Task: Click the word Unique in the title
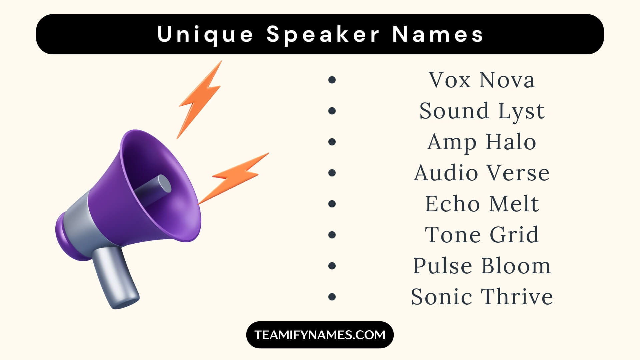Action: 205,35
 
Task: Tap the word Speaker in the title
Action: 323,35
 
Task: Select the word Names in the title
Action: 438,34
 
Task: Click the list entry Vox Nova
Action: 482,80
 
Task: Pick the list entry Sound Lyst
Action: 482,111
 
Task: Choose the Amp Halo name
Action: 482,142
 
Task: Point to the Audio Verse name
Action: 482,173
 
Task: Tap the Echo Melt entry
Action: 482,204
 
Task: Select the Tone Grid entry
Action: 482,235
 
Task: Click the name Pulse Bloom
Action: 482,266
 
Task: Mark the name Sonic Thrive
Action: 482,297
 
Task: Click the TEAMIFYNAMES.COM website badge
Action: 320,335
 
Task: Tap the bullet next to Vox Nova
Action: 332,80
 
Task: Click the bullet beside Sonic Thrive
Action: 332,297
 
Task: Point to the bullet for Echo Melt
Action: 332,204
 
